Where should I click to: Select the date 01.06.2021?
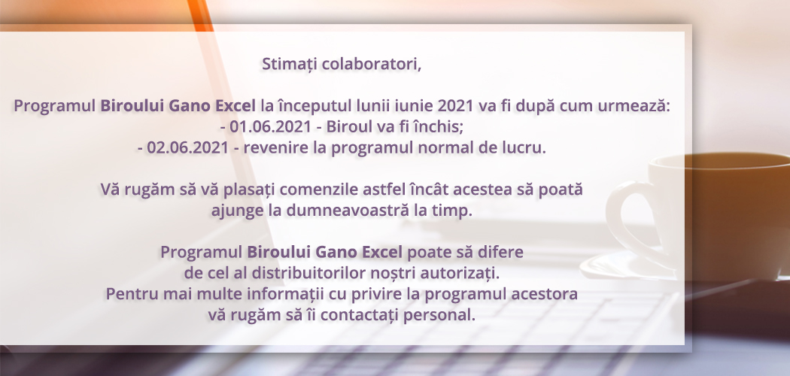pyautogui.click(x=271, y=127)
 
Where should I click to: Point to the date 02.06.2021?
pyautogui.click(x=188, y=148)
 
